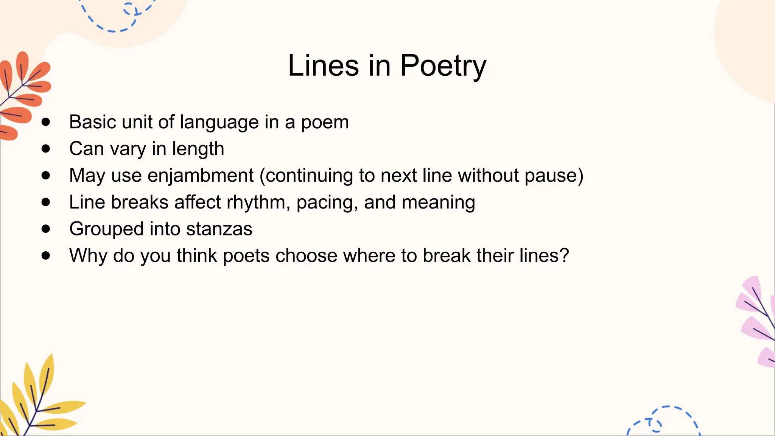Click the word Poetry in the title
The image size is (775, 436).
443,66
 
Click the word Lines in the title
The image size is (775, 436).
323,65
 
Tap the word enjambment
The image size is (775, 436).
201,176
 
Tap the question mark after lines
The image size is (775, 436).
565,255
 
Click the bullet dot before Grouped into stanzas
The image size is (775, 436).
46,229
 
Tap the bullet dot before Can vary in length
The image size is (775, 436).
46,149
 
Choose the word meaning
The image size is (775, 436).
438,203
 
